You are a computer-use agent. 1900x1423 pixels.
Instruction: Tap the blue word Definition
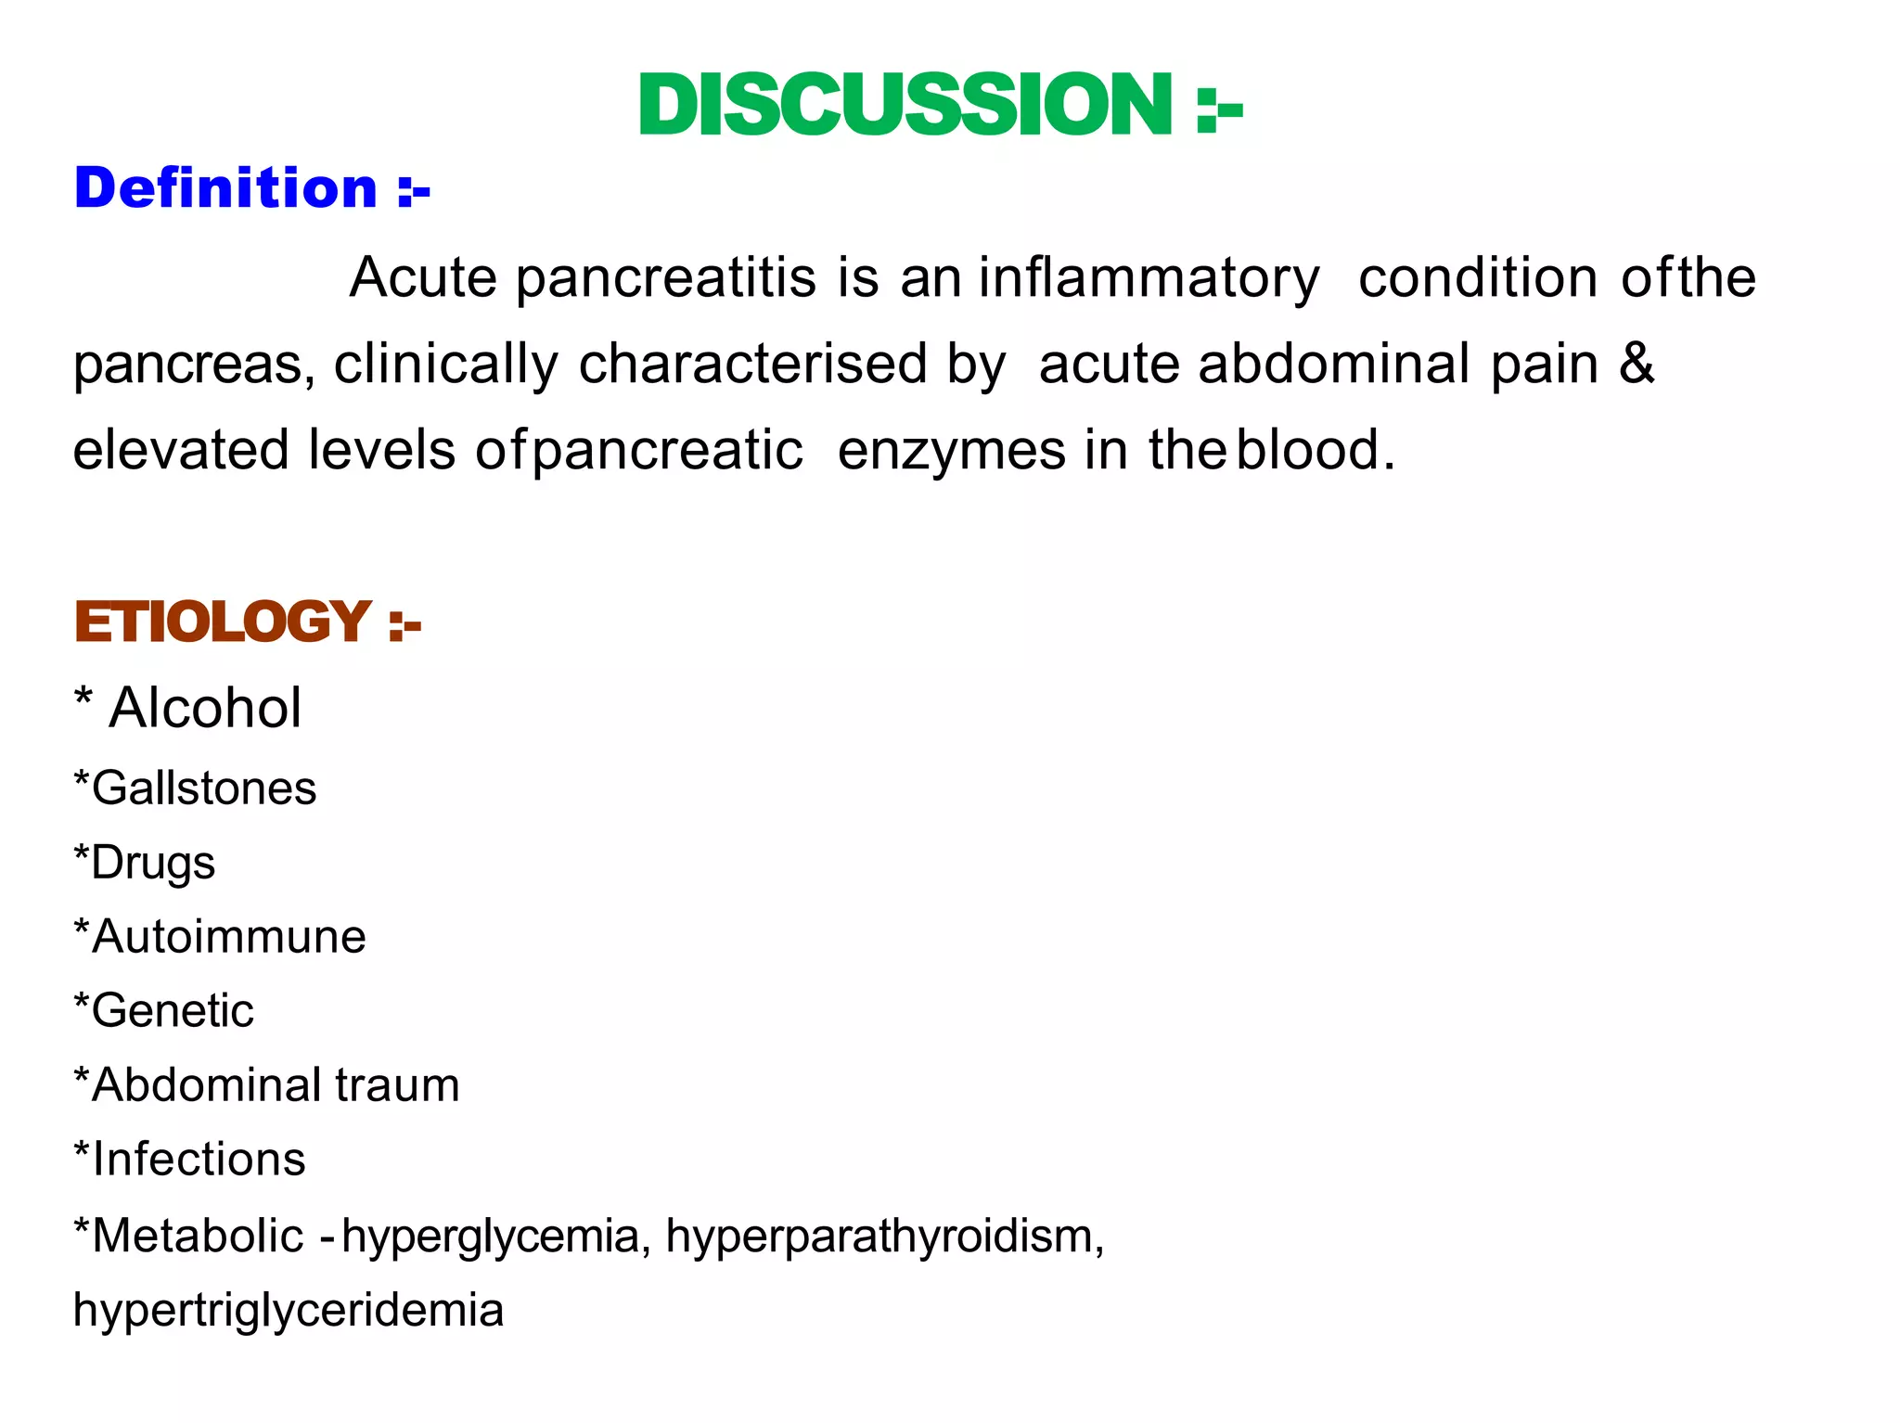(225, 188)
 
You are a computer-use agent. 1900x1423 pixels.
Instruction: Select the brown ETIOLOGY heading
(223, 622)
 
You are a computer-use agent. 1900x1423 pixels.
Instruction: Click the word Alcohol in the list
(205, 709)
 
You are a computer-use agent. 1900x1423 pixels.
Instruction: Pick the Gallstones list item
(204, 788)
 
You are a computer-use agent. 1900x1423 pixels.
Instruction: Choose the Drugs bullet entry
(153, 864)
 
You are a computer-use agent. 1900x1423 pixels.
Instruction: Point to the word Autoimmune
(229, 937)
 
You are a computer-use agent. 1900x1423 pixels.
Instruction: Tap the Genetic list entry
(173, 1011)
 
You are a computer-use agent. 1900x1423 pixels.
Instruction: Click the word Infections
(199, 1160)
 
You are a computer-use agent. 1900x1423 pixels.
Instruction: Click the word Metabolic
(199, 1236)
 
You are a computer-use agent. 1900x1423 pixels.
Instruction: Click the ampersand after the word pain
(1637, 363)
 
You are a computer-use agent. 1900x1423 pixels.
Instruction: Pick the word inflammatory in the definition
(1149, 278)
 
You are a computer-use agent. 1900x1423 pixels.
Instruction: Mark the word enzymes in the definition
(952, 452)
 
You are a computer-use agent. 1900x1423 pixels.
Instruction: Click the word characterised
(753, 364)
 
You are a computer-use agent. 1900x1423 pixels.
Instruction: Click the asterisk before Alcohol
(83, 698)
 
